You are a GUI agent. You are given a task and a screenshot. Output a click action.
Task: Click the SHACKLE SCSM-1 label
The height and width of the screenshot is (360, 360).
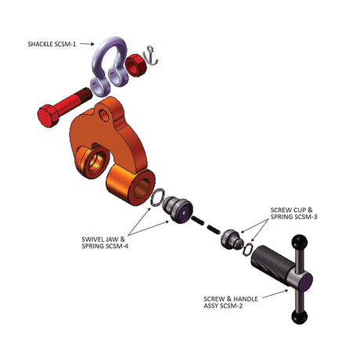pos(52,44)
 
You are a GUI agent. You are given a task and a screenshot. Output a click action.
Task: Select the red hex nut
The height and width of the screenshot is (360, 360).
pos(135,64)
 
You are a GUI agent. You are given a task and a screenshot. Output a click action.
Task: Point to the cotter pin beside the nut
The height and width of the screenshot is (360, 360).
pos(152,56)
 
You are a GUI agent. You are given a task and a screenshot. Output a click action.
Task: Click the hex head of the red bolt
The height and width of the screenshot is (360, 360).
pos(49,115)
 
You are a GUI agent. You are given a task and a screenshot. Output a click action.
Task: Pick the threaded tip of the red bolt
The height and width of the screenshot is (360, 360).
pos(84,95)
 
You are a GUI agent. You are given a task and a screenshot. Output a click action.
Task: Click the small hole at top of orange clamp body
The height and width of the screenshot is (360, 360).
pos(104,116)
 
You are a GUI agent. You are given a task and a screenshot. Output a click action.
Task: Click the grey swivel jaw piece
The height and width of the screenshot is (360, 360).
pos(178,210)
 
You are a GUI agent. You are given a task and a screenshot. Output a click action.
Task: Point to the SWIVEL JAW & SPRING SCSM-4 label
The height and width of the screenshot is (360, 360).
pos(105,243)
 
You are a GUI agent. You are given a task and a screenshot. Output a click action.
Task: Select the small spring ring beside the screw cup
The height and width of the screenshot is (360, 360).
pos(247,248)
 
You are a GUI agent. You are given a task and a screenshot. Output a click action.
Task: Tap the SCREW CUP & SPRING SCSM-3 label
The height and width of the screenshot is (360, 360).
pos(293,213)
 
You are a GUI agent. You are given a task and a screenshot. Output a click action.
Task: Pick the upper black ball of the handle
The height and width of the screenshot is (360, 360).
pos(300,242)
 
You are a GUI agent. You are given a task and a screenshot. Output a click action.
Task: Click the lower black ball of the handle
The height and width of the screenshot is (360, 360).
pos(299,317)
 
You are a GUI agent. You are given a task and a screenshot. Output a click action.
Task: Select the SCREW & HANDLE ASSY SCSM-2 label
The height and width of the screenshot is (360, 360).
pos(231,302)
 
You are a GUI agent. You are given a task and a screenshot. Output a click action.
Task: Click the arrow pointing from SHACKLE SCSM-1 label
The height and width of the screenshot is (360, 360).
pos(87,44)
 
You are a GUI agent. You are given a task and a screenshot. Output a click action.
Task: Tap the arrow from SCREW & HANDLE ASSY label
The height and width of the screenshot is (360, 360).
pos(275,293)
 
